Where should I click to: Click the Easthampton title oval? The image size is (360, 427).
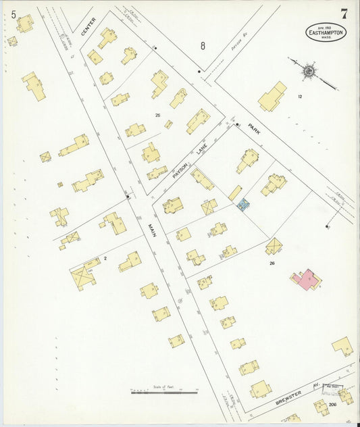pos(326,32)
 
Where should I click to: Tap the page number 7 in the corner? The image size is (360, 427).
pos(344,14)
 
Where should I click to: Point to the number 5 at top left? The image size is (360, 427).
pos(13,14)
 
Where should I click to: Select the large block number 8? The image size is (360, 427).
pos(203,46)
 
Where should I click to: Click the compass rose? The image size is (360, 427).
pos(308,69)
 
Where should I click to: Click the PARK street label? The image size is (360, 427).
pos(254,127)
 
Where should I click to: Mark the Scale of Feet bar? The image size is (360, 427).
pos(163,391)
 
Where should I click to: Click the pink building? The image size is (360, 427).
pos(307,279)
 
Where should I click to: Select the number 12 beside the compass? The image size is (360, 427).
pos(300,97)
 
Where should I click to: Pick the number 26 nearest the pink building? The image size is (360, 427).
pos(272,263)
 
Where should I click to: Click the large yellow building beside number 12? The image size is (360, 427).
pos(272,97)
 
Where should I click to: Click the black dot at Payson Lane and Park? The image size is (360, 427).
pos(238,124)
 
